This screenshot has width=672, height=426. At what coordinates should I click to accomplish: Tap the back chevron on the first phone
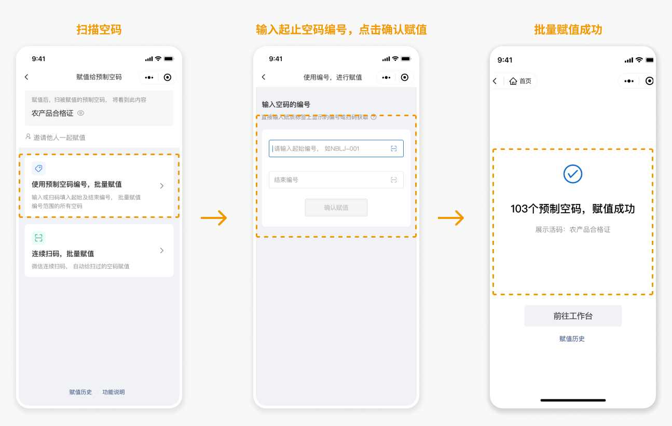26,77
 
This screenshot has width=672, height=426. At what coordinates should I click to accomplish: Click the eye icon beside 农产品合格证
81,113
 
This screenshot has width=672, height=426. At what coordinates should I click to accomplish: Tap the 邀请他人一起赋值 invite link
56,138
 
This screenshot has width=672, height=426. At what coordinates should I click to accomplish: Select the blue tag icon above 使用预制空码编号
39,168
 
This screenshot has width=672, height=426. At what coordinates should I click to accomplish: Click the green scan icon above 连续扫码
39,238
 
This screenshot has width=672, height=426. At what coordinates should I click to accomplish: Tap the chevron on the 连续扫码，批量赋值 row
162,251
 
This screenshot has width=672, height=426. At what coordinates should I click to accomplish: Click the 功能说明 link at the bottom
114,392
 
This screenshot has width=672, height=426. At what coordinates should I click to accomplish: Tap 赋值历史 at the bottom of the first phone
80,392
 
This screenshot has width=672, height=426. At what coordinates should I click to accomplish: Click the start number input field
336,148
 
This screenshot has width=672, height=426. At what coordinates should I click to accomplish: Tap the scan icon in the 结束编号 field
393,180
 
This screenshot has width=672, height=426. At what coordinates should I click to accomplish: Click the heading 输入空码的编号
286,104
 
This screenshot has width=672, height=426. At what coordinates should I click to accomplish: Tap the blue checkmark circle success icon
573,174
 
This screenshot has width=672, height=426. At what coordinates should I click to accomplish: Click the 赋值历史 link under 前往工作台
572,339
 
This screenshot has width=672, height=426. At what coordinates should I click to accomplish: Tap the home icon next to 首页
513,81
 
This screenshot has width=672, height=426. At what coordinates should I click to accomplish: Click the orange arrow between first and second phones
214,218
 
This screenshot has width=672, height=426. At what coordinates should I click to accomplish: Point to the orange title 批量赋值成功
568,30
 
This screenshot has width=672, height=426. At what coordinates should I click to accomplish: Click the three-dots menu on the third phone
629,81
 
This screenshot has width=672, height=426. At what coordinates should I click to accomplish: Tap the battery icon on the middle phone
406,59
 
